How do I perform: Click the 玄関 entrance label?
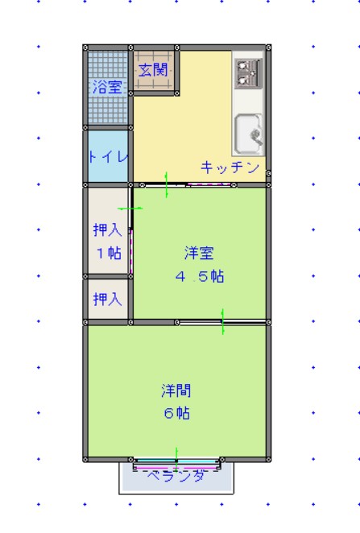(x=153, y=70)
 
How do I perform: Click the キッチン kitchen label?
(x=230, y=167)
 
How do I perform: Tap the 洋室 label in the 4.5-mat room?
(x=198, y=254)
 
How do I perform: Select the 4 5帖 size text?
(x=199, y=277)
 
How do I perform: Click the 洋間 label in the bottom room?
(x=176, y=391)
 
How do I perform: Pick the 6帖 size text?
(x=176, y=414)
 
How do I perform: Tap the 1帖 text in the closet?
(x=107, y=253)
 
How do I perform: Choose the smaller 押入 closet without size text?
(x=107, y=300)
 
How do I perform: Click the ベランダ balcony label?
(x=176, y=477)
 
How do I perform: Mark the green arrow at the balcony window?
(x=176, y=455)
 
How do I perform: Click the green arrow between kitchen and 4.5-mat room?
(x=166, y=184)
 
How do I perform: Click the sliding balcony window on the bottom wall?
(x=176, y=465)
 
